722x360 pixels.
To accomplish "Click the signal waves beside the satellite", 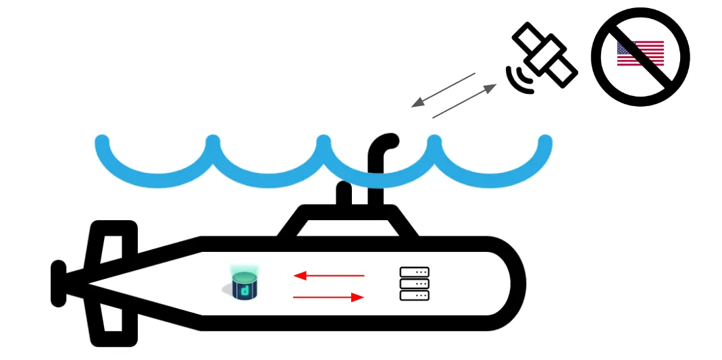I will pyautogui.click(x=519, y=78).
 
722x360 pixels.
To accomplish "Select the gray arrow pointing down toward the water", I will pyautogui.click(x=443, y=90).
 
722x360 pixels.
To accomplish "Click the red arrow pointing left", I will pyautogui.click(x=329, y=276).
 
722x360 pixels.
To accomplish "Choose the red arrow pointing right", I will pyautogui.click(x=329, y=297).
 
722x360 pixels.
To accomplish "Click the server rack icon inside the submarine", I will pyautogui.click(x=415, y=284).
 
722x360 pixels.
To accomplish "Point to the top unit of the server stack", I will pyautogui.click(x=415, y=272).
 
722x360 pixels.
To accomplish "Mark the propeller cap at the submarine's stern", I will pyautogui.click(x=59, y=284).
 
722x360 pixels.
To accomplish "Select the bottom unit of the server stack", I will pyautogui.click(x=415, y=295).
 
